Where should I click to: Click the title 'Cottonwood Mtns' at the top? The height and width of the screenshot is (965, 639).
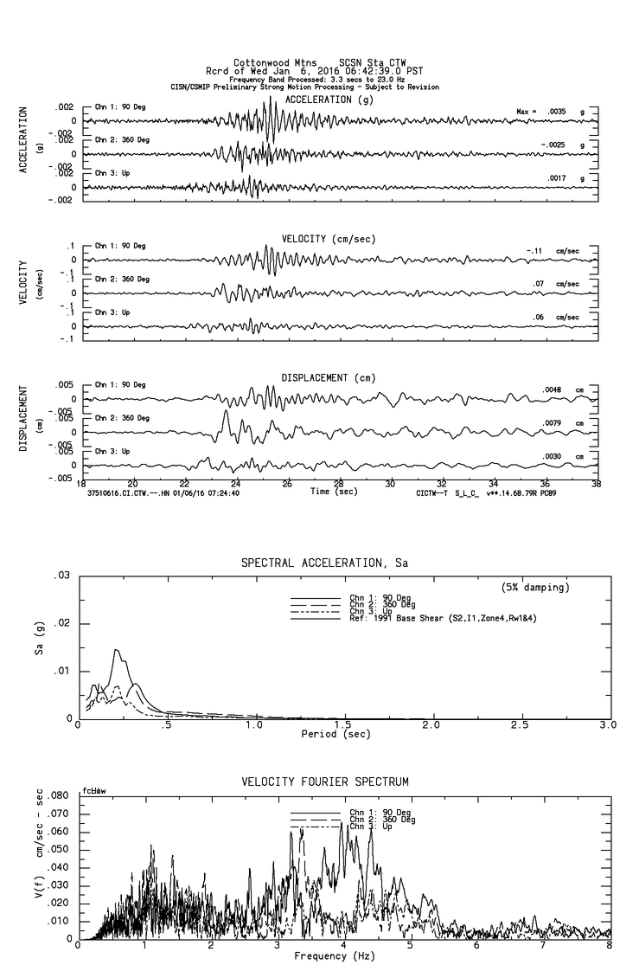(267, 62)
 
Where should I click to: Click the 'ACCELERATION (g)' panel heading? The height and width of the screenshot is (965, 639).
(330, 100)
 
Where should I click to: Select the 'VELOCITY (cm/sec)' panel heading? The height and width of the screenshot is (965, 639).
(329, 238)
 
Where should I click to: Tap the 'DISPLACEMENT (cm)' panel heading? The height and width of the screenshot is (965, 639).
(329, 377)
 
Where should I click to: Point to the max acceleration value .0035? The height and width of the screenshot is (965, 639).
(554, 112)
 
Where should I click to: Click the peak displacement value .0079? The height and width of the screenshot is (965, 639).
(553, 422)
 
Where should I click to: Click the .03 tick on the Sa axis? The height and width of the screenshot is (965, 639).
(62, 576)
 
